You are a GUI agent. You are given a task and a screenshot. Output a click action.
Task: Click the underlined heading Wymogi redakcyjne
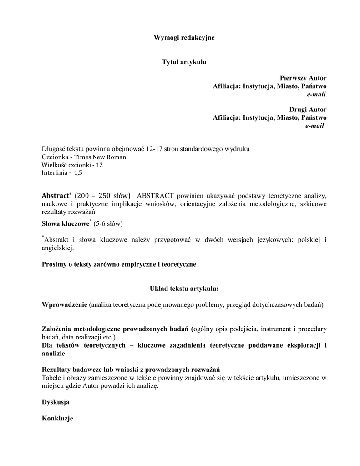[184, 37]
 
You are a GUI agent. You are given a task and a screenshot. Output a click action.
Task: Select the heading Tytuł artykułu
[184, 62]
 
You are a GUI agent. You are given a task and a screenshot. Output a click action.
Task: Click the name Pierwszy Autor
[303, 78]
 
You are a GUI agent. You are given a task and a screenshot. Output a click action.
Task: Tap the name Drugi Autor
[308, 110]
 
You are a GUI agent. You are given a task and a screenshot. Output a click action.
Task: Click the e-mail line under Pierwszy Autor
[316, 94]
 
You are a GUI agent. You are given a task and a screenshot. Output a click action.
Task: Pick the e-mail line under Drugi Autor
[314, 126]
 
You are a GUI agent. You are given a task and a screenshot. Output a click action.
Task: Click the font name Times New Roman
[101, 157]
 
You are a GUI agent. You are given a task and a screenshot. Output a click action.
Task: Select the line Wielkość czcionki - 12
[72, 165]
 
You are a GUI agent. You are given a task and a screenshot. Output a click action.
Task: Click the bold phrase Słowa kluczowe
[65, 224]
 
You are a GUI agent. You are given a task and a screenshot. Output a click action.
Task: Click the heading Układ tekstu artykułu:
[184, 289]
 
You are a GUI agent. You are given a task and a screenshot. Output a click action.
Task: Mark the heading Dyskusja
[56, 402]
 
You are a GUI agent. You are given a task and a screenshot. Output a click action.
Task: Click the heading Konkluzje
[57, 418]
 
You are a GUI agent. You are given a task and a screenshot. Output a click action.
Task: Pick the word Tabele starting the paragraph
[51, 377]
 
